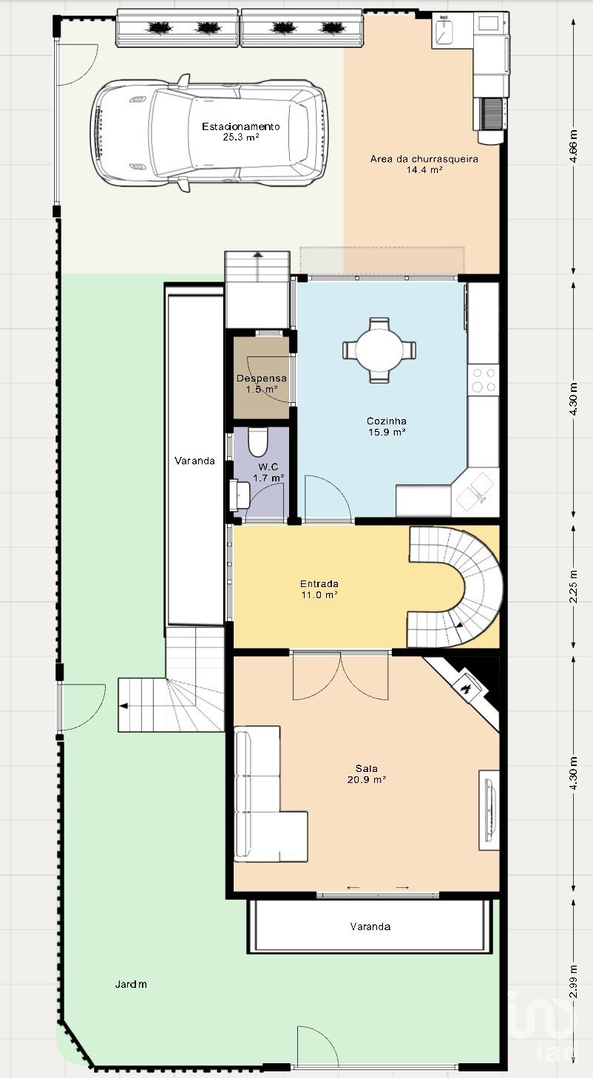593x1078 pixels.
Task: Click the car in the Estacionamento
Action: (209, 133)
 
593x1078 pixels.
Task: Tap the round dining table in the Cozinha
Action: (379, 350)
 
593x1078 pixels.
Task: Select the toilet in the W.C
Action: (257, 442)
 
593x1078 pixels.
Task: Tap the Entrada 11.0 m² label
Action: (319, 589)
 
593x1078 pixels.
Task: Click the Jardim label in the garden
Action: (131, 984)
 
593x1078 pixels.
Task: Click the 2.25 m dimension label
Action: (573, 586)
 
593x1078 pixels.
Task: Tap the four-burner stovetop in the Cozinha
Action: (484, 380)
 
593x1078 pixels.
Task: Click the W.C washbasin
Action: (240, 495)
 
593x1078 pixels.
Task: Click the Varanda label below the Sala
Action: (370, 926)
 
